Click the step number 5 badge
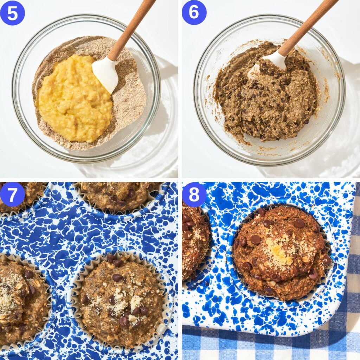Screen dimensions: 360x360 coord(12,13)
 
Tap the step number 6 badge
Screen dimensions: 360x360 coord(194,13)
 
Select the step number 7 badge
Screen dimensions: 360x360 coord(12,194)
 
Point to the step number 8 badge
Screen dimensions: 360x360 coord(194,194)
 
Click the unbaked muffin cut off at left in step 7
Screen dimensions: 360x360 coord(21,302)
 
